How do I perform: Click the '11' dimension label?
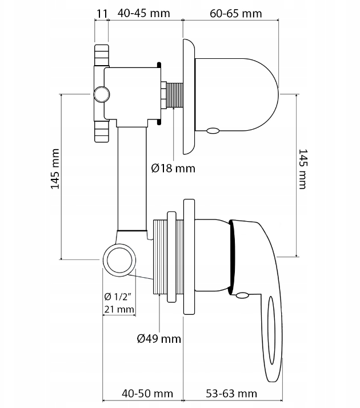101,13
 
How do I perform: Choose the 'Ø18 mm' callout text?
173,168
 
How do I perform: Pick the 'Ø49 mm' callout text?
159,339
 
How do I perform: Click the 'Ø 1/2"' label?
118,296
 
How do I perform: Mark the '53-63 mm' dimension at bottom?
231,394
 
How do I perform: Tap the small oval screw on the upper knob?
213,131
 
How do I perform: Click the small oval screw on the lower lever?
242,295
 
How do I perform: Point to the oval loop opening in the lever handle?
271,338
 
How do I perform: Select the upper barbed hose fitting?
101,56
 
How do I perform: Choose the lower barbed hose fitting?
101,131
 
